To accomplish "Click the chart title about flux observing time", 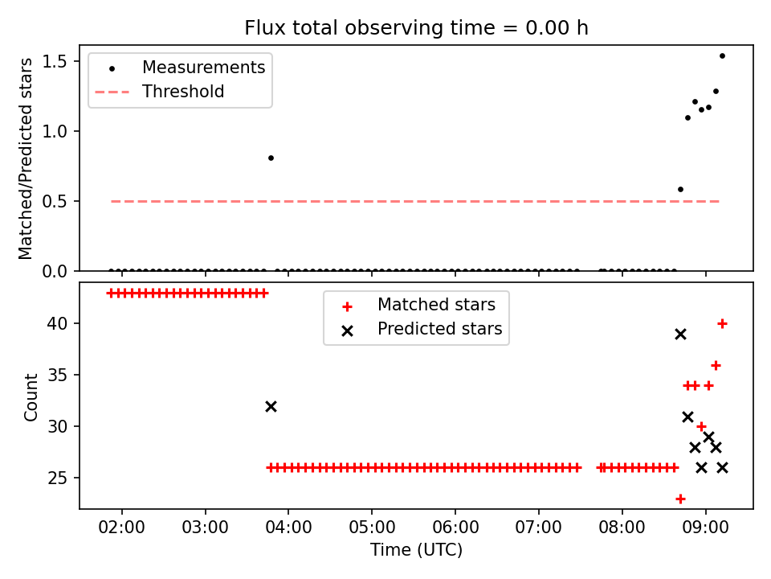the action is pos(416,27).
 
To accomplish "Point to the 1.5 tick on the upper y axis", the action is pos(55,62).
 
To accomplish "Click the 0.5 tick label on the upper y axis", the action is pos(55,201).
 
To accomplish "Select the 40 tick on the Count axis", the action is pos(58,323).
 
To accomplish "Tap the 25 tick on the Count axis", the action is pos(58,478).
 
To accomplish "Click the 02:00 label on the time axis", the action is pos(121,528).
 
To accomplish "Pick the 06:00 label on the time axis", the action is pos(455,528).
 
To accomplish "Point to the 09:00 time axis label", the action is pos(706,528).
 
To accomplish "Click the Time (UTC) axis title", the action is pos(416,549).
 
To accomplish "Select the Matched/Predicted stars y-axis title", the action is pos(25,158).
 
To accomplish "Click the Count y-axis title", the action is pos(31,397).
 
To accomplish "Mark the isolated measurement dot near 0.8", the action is pos(271,158).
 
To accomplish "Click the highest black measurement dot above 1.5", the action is pos(722,56).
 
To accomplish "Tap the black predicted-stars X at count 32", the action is pos(271,407).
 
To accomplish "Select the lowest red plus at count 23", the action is pos(680,499).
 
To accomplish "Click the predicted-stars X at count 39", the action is pos(680,335).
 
